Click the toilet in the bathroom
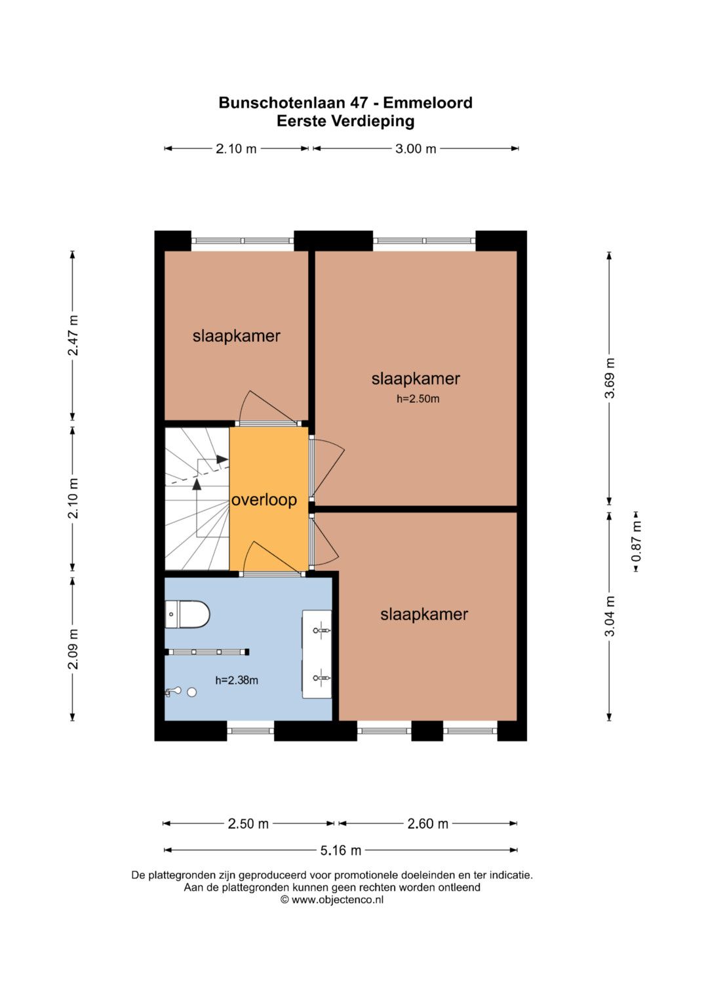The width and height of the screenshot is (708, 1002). [x=187, y=614]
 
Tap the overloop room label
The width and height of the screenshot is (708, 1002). [x=264, y=499]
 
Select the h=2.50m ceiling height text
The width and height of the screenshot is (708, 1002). [x=418, y=398]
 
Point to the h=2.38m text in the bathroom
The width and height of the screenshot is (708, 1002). [x=237, y=680]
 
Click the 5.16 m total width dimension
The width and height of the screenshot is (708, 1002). [x=341, y=850]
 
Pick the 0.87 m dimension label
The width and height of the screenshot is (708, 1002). [x=636, y=542]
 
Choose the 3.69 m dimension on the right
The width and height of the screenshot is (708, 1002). [x=610, y=378]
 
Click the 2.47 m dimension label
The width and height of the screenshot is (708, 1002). [x=73, y=335]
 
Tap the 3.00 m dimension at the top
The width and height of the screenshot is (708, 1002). [x=416, y=148]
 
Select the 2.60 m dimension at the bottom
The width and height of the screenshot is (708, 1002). [x=427, y=824]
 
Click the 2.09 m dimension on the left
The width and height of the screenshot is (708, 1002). [x=73, y=648]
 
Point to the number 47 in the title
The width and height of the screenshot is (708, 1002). [x=359, y=103]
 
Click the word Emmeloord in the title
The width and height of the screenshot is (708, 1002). [x=427, y=103]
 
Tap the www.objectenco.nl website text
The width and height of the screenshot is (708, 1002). [x=338, y=900]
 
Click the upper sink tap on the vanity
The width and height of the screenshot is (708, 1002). [x=321, y=631]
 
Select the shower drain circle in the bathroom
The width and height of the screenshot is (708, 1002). [x=191, y=692]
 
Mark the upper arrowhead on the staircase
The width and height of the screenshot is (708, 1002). [x=222, y=459]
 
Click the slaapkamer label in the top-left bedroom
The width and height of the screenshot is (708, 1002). [x=237, y=336]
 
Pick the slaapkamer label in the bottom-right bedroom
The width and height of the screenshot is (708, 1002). [x=424, y=614]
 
